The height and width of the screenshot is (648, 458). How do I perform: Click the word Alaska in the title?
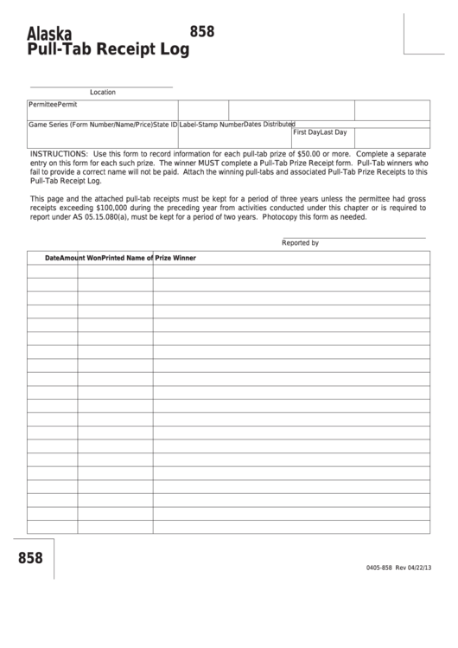(x=49, y=34)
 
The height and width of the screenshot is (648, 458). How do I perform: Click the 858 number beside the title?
(x=202, y=31)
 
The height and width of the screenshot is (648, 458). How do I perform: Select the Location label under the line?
(x=102, y=92)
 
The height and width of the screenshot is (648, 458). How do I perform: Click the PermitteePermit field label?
(x=53, y=104)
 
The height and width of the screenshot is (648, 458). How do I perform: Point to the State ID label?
(x=165, y=125)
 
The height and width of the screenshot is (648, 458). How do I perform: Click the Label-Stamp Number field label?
(x=211, y=125)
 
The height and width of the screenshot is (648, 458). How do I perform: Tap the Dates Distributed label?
(x=270, y=124)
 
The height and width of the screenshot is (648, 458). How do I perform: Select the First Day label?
(x=307, y=132)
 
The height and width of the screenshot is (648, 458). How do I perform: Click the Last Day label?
(x=334, y=132)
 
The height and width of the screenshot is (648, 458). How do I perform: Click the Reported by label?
(x=300, y=243)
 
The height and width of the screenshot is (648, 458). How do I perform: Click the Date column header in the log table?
(x=54, y=258)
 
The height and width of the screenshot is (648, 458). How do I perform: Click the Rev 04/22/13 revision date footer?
(x=413, y=568)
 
